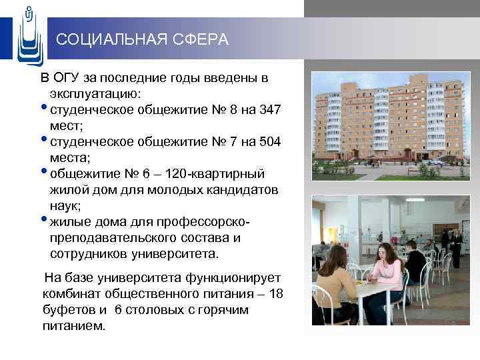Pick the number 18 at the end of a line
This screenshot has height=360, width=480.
(275, 293)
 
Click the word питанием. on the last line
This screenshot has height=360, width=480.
(74, 326)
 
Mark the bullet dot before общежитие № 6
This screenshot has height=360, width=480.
(44, 171)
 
